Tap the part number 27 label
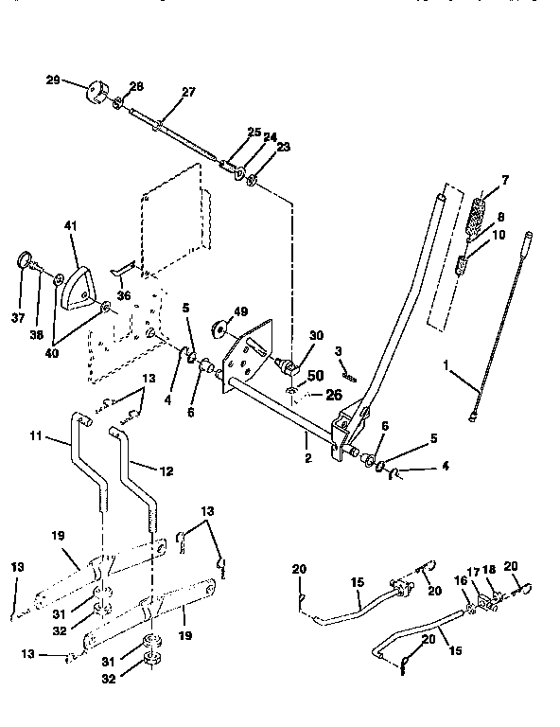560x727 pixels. (187, 92)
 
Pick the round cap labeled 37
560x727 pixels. (26, 260)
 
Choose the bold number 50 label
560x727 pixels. (314, 376)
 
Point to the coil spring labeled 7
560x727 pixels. (480, 209)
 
